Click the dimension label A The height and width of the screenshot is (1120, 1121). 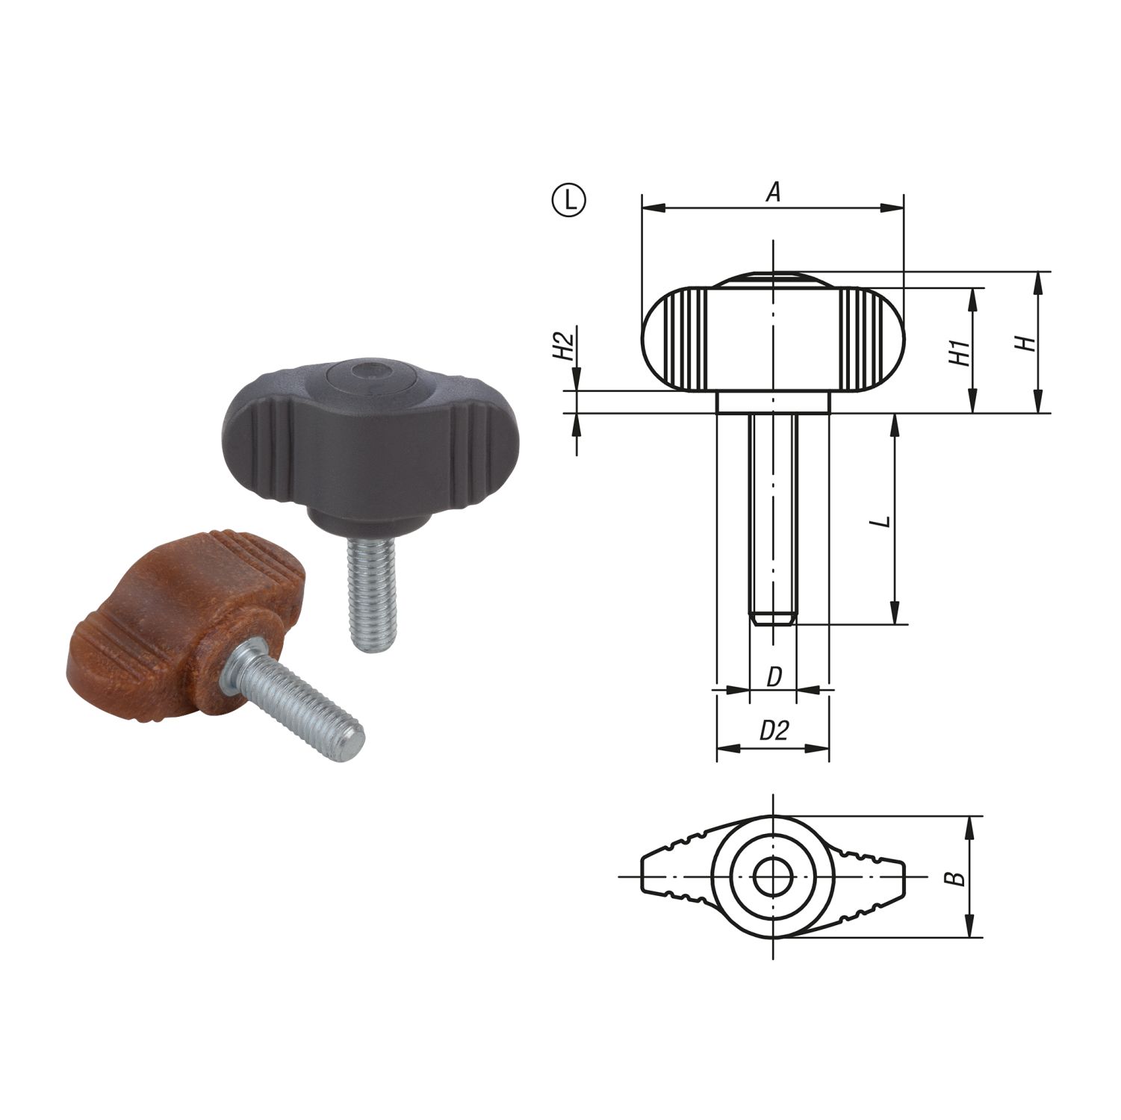click(x=774, y=193)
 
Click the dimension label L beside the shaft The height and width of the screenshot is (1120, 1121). click(x=882, y=520)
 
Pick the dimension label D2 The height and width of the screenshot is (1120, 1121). click(x=774, y=730)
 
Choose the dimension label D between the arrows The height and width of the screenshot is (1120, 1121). click(x=774, y=677)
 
